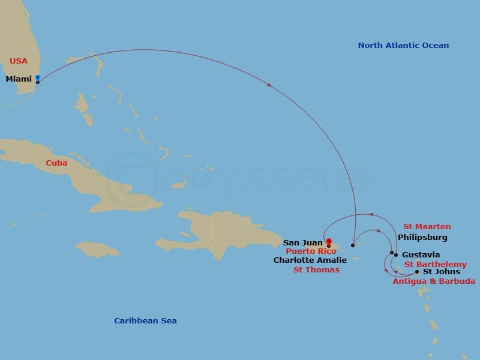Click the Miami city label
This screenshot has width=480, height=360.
[x=19, y=79]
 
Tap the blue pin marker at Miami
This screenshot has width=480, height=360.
[x=37, y=78]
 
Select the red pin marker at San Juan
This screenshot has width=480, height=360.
[x=328, y=242]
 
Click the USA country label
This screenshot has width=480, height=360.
[x=19, y=61]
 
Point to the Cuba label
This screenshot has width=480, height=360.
[x=56, y=163]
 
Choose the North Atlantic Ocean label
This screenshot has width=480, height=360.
[x=403, y=46]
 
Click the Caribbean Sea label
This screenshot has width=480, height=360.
[x=145, y=321]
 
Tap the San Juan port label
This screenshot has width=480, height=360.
[x=303, y=243]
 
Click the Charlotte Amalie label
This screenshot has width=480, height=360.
[x=310, y=260]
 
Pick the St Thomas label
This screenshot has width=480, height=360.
[x=316, y=270]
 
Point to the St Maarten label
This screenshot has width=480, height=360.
[x=427, y=227]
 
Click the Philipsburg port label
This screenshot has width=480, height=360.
[x=422, y=238]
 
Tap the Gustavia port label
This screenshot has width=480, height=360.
[x=421, y=255]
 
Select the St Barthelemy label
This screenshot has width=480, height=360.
[x=435, y=265]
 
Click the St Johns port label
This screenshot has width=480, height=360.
[x=442, y=272]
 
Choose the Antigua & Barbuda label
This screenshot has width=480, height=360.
[x=434, y=281]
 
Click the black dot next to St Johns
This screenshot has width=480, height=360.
[x=417, y=272]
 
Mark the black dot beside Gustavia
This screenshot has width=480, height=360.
[x=395, y=255]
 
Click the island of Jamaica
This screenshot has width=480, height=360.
[x=97, y=249]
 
